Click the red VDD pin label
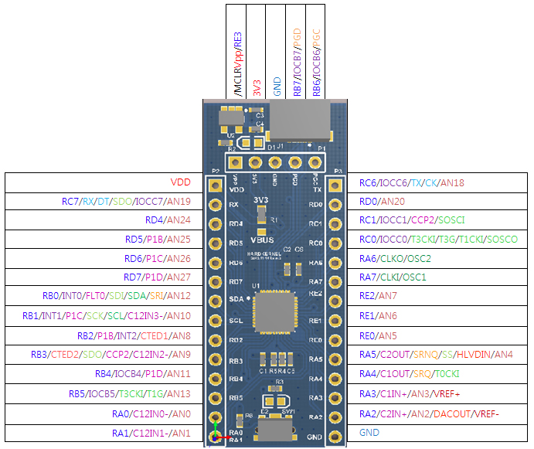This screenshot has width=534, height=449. coord(180,183)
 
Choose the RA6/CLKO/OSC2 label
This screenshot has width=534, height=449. coord(395,258)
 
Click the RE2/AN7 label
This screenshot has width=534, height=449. coord(378,296)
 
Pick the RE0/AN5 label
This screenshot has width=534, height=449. coord(378,335)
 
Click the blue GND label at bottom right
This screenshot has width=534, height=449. coord(369,433)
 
